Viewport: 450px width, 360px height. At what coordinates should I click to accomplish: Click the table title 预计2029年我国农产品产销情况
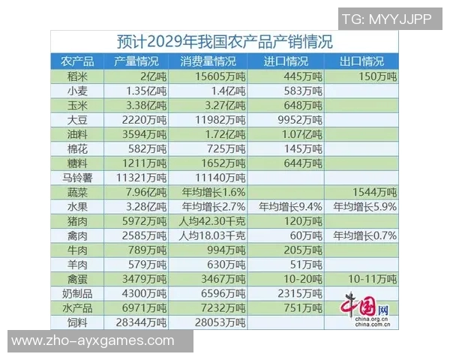click(225, 41)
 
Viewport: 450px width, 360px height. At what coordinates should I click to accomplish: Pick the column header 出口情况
click(363, 61)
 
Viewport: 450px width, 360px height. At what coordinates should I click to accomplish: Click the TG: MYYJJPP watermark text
click(386, 19)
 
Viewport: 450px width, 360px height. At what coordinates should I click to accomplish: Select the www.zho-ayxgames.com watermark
click(93, 341)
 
